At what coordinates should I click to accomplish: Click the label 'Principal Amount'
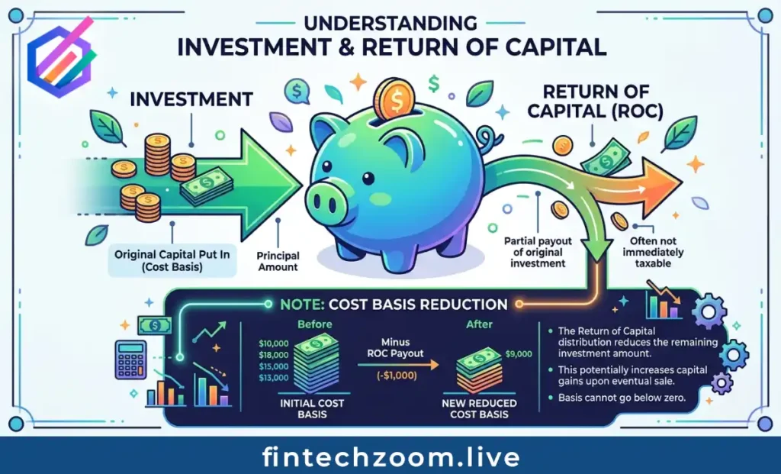pos(278,262)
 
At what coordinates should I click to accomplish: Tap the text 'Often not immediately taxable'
pos(653,253)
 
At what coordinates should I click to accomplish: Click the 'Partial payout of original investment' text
pos(534,251)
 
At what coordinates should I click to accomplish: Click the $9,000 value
pos(519,354)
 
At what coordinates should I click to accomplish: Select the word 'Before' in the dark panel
pos(314,325)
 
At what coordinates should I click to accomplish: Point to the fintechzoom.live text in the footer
pos(390,456)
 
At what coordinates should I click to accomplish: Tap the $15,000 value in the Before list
pos(273,366)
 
